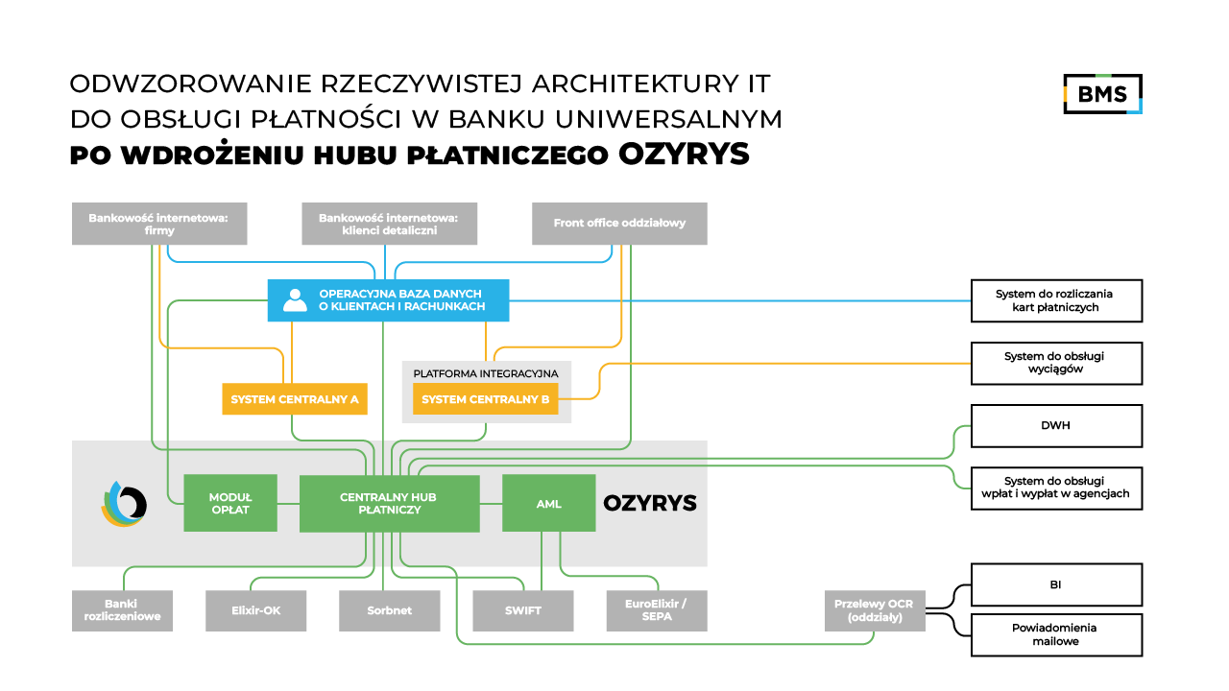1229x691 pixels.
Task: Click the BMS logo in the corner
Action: pyautogui.click(x=1102, y=93)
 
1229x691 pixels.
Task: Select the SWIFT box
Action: pyautogui.click(x=522, y=610)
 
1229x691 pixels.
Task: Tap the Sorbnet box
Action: pyautogui.click(x=389, y=610)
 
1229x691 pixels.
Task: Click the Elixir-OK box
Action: pyautogui.click(x=255, y=610)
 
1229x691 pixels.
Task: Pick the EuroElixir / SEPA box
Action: pyautogui.click(x=657, y=610)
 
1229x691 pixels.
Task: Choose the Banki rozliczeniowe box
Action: pyautogui.click(x=122, y=610)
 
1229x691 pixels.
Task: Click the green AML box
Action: pyautogui.click(x=549, y=503)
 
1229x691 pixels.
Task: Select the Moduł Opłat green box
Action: pyautogui.click(x=230, y=503)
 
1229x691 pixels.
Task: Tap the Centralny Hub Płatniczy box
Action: pyautogui.click(x=389, y=503)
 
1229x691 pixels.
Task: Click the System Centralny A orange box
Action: pyautogui.click(x=295, y=399)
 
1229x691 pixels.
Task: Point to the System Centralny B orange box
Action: pyautogui.click(x=485, y=399)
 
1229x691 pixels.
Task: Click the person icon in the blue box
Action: pyautogui.click(x=294, y=300)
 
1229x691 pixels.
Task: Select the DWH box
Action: pyautogui.click(x=1056, y=425)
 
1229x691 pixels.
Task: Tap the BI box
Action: pyautogui.click(x=1056, y=584)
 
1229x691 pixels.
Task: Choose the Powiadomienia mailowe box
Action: pyautogui.click(x=1056, y=634)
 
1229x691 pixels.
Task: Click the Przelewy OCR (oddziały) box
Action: pyautogui.click(x=875, y=610)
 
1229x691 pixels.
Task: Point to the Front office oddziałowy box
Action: pyautogui.click(x=619, y=224)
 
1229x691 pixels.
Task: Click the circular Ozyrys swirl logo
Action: pyautogui.click(x=124, y=503)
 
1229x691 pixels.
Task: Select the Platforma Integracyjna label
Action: pyautogui.click(x=485, y=372)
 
